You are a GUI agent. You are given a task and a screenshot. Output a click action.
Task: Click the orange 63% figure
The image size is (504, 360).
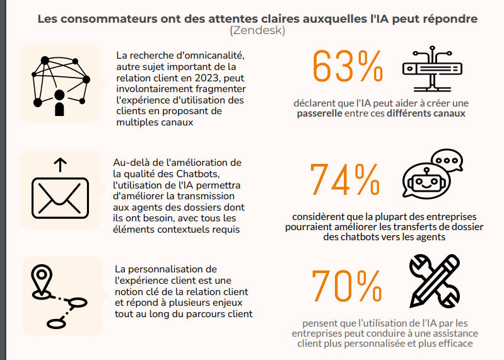tap(348, 66)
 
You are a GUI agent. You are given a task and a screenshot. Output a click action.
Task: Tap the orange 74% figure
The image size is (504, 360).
tap(345, 179)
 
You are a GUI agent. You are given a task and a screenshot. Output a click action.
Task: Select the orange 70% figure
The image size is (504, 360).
tap(346, 286)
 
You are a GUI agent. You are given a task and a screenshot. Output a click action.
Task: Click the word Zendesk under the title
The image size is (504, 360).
tap(257, 30)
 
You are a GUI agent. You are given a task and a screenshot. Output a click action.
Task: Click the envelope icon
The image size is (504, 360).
tap(60, 198)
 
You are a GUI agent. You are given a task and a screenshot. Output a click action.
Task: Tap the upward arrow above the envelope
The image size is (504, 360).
tap(60, 165)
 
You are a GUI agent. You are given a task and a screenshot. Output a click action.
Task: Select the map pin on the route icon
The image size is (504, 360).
tap(42, 279)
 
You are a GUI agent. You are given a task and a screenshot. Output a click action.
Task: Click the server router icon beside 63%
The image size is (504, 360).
tap(432, 69)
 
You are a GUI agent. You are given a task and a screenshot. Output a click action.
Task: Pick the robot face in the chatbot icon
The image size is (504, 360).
tap(426, 182)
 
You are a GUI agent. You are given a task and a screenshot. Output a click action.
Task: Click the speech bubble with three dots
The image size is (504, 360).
tap(447, 161)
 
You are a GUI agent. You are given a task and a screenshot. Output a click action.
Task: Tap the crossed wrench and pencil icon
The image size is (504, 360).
tap(435, 281)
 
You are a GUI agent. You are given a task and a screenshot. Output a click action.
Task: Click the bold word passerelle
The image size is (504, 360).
tap(320, 113)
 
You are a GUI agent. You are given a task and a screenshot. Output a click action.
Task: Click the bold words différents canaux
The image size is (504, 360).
tap(426, 113)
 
